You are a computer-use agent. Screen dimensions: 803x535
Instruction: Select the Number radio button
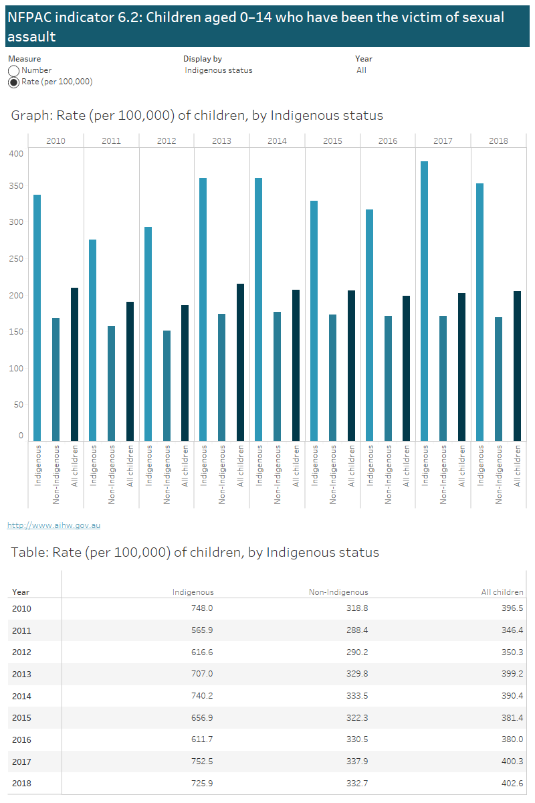(x=13, y=70)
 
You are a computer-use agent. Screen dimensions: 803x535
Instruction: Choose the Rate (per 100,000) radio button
(x=13, y=82)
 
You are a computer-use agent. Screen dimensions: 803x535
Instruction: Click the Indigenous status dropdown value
(x=219, y=70)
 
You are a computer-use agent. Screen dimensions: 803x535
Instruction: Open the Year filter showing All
(x=362, y=70)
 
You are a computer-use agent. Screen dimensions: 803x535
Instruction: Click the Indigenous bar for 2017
(x=424, y=301)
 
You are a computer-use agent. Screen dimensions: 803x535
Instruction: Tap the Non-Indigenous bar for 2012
(x=167, y=385)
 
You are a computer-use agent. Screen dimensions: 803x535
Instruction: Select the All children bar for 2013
(x=240, y=362)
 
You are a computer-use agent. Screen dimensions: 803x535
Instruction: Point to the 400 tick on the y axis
(x=16, y=154)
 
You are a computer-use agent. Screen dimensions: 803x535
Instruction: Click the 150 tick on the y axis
(x=16, y=332)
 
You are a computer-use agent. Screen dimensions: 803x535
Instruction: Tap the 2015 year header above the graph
(x=332, y=141)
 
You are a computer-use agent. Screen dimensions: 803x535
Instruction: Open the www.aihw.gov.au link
(x=53, y=526)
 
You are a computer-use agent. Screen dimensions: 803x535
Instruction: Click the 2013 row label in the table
(x=21, y=675)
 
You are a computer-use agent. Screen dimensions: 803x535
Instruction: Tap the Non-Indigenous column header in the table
(x=338, y=592)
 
